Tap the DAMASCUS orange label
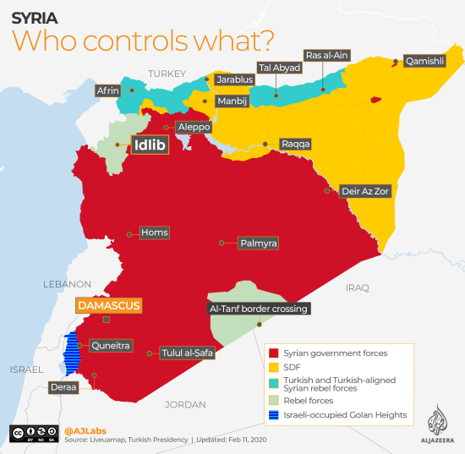pos(107,305)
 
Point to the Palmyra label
pos(259,243)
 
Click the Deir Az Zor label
pos(364,191)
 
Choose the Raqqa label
pos(296,144)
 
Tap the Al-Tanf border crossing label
pos(258,309)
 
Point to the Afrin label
pos(108,90)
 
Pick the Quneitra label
pos(110,345)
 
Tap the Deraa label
pos(65,387)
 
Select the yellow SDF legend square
pos(273,367)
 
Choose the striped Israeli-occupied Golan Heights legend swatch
pos(273,414)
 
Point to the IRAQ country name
pos(357,288)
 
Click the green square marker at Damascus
pos(106,320)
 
